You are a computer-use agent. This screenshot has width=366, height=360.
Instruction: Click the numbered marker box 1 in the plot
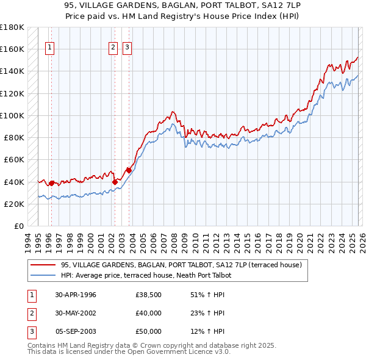coord(49,48)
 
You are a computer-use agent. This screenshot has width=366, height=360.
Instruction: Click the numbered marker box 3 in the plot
coord(127,48)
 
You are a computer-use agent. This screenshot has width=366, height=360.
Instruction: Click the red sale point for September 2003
coord(129,170)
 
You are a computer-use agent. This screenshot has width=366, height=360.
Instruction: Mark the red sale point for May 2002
coord(115,181)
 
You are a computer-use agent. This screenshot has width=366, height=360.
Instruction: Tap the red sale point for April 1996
coord(51,183)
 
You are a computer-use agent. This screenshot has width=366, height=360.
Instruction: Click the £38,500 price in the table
coord(148,295)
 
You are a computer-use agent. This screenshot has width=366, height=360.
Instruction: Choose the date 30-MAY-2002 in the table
coord(76,313)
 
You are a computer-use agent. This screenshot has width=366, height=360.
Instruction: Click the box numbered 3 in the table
coord(32,331)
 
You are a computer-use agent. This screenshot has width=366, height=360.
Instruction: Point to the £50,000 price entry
coord(148,331)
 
